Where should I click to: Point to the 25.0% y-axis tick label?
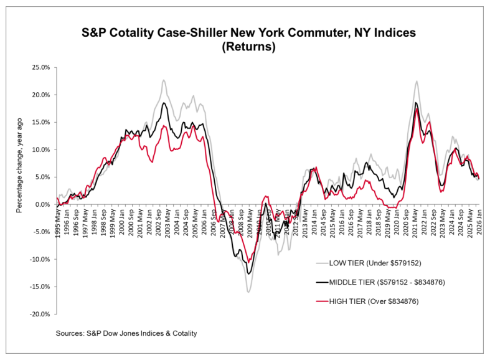[41, 67]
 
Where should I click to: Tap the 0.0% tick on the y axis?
[43, 204]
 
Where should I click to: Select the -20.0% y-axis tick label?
[40, 314]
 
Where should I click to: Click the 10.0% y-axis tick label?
[41, 149]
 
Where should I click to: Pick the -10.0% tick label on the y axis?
[40, 259]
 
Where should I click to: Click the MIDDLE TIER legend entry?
[397, 281]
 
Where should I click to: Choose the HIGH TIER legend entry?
[379, 301]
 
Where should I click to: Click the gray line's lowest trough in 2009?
[248, 291]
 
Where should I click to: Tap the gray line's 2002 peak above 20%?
[164, 80]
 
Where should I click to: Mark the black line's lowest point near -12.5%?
[249, 273]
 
